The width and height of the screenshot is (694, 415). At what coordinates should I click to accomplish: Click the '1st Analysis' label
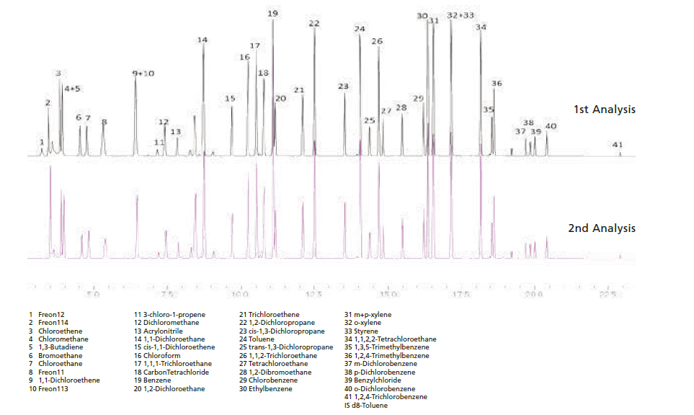(604, 110)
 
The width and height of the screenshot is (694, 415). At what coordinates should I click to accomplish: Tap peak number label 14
(203, 40)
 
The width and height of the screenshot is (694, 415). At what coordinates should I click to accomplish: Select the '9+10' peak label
(143, 73)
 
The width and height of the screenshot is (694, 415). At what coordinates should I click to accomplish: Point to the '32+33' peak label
(461, 15)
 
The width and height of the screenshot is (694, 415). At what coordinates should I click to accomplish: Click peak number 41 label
(618, 145)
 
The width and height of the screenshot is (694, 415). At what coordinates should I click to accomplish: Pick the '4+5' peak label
(72, 89)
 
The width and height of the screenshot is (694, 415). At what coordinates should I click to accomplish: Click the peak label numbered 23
(343, 86)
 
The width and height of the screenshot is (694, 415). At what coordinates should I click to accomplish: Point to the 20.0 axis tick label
(533, 294)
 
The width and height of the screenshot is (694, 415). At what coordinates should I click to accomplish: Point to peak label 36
(497, 84)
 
